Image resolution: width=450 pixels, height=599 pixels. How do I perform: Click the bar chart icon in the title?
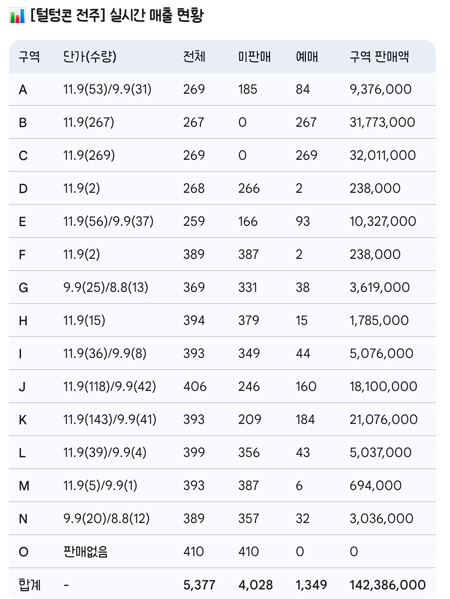[x=17, y=16]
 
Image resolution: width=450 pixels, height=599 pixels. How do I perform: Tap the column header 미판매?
[x=254, y=57]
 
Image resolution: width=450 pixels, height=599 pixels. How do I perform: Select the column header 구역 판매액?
[x=379, y=57]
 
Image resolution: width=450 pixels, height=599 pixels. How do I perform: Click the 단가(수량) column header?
[x=90, y=57]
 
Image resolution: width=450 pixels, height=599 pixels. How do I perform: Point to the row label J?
[x=22, y=387]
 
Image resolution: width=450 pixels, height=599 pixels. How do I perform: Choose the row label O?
[x=23, y=552]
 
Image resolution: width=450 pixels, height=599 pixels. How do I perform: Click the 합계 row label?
[x=30, y=585]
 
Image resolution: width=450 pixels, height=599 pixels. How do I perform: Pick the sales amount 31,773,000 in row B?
[x=382, y=122]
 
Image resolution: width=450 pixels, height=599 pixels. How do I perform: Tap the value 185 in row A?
[x=247, y=89]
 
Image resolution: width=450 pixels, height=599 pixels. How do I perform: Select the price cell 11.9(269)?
[x=89, y=155]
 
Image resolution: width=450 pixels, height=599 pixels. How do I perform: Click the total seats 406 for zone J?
[x=195, y=387]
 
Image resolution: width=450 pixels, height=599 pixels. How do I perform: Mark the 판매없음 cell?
[x=85, y=552]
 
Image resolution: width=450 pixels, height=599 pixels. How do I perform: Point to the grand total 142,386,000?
[x=387, y=585]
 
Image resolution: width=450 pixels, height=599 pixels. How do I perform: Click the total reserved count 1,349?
[x=311, y=585]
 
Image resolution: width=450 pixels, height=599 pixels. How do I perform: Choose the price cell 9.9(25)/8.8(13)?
[x=106, y=288]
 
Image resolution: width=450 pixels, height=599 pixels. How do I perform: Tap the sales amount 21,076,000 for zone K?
[x=383, y=420]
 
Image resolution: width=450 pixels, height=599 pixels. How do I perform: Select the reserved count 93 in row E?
[x=303, y=221]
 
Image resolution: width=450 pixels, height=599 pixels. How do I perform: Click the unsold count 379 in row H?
[x=249, y=321]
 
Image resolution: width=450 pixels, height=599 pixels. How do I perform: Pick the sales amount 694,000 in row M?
[x=375, y=486]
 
